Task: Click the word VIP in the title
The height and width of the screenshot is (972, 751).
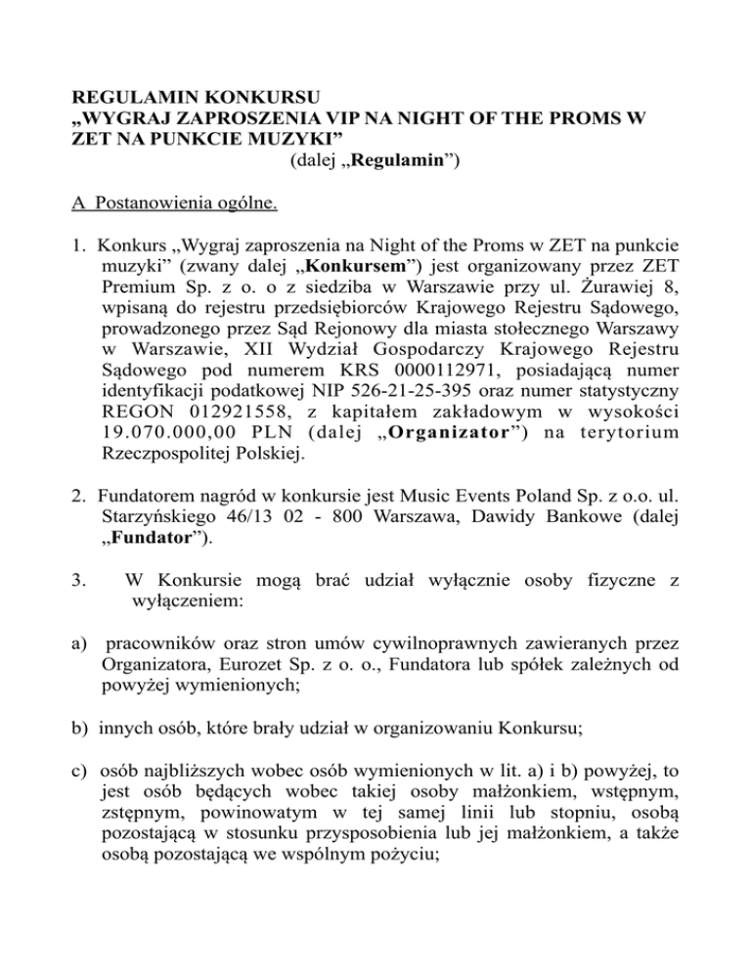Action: [x=325, y=120]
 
